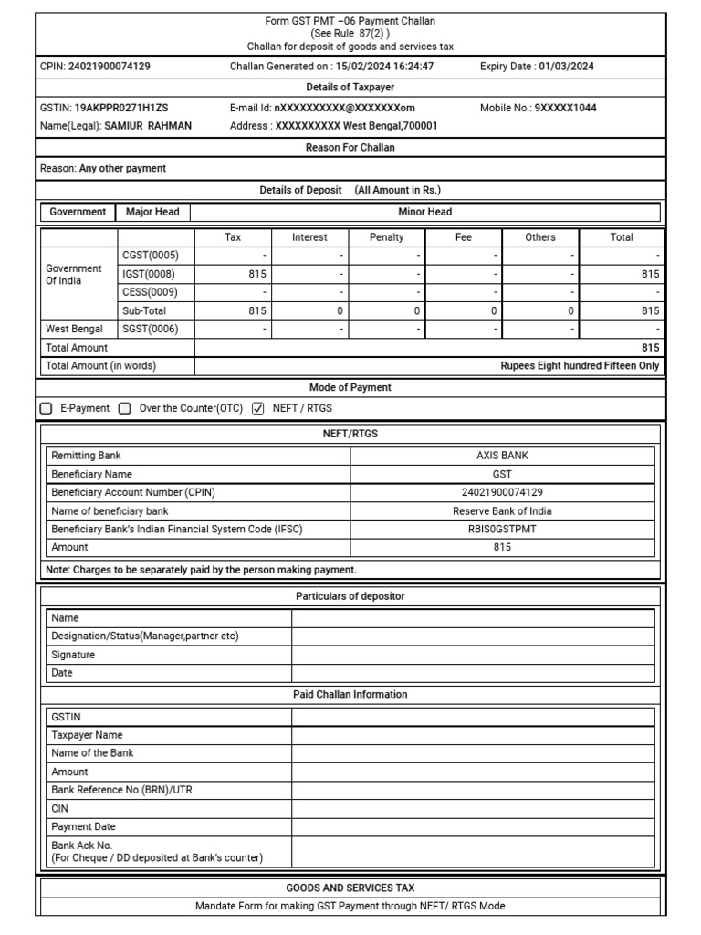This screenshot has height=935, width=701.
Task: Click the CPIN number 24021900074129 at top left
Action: click(110, 66)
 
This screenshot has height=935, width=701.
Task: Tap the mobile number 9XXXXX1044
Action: click(566, 108)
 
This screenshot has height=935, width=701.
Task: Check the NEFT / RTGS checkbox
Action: click(257, 408)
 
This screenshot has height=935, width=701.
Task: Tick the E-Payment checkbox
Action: click(46, 408)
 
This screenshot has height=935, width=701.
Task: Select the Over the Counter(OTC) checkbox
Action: click(125, 408)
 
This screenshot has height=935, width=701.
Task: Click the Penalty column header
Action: click(386, 237)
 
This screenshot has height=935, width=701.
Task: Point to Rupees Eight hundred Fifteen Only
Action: click(580, 366)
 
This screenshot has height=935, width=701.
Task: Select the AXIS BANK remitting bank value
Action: click(502, 456)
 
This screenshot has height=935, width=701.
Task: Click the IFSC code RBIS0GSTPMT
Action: click(502, 529)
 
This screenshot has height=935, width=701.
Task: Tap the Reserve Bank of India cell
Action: click(502, 510)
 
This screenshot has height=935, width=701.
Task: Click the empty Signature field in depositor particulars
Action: click(473, 655)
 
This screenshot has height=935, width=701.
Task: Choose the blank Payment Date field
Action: click(473, 826)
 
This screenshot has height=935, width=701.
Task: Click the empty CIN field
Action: click(473, 808)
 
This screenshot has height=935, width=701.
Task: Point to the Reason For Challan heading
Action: click(350, 147)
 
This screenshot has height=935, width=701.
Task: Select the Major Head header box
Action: click(152, 212)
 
